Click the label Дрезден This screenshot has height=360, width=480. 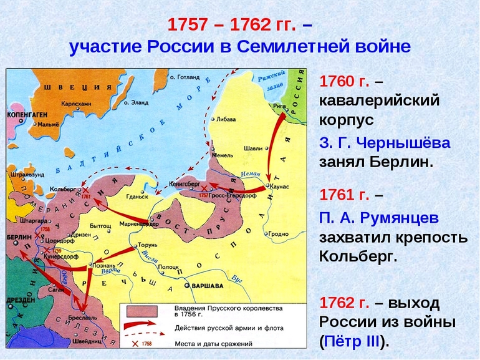(19, 299)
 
